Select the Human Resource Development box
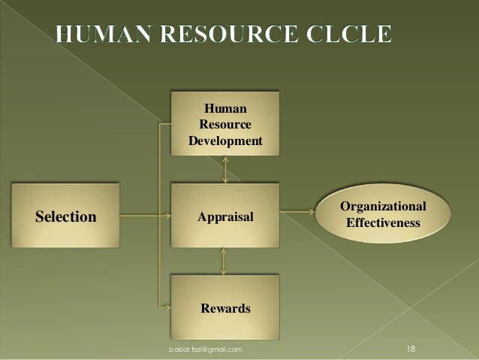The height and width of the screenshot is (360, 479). click(225, 123)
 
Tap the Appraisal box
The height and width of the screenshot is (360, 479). click(225, 216)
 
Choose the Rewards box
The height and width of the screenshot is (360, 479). click(225, 308)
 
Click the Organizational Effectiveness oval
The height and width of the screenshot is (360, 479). click(383, 216)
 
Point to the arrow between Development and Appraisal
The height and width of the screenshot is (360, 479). click(226, 169)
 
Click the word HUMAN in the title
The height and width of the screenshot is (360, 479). click(106, 34)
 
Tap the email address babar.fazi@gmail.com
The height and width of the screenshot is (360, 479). click(205, 350)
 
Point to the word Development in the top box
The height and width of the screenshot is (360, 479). click(225, 141)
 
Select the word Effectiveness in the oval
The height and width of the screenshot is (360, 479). click(383, 223)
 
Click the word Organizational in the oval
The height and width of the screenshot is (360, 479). click(383, 207)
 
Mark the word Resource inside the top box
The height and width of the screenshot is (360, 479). click(225, 124)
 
